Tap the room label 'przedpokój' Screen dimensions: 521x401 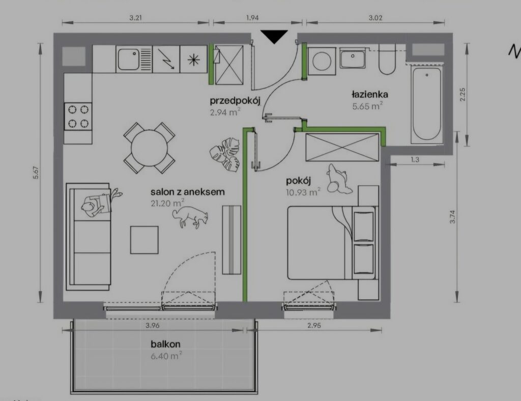pyautogui.click(x=235, y=101)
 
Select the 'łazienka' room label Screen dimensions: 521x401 pyautogui.click(x=370, y=94)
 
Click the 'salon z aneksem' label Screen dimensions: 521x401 pyautogui.click(x=187, y=192)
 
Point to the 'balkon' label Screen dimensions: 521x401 pyautogui.click(x=165, y=344)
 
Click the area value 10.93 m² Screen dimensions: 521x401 pyautogui.click(x=303, y=192)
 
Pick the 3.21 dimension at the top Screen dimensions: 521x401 pyautogui.click(x=135, y=18)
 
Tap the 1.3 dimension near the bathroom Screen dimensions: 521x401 pyautogui.click(x=415, y=159)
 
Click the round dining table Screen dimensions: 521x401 pyautogui.click(x=149, y=148)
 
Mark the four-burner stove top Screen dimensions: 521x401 pyautogui.click(x=78, y=117)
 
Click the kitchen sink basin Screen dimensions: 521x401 pyautogui.click(x=128, y=59)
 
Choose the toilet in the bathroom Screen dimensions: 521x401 pyautogui.click(x=387, y=61)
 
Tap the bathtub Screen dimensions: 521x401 pyautogui.click(x=427, y=104)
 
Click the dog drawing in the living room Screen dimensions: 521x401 pyautogui.click(x=190, y=217)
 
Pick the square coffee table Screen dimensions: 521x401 pyautogui.click(x=144, y=240)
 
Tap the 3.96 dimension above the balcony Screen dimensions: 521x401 pyautogui.click(x=152, y=325)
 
